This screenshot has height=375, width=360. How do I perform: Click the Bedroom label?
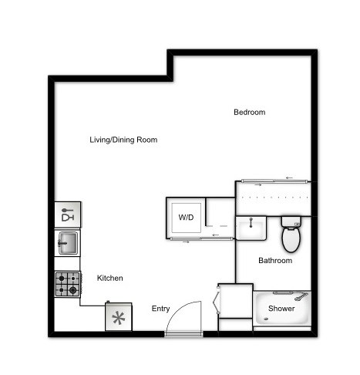[x=249, y=113]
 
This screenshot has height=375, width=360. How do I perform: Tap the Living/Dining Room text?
[x=123, y=140]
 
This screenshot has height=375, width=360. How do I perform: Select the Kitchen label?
[x=109, y=278]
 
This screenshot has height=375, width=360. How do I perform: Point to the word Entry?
[x=160, y=309]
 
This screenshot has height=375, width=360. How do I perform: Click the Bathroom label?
[x=275, y=261]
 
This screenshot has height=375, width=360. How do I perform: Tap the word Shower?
[x=281, y=309]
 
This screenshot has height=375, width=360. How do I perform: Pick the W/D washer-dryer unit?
[x=187, y=218]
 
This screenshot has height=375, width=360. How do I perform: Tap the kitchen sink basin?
[x=67, y=244]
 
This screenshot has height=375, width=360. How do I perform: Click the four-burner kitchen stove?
[x=67, y=284]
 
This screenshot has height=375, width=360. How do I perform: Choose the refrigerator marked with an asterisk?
[x=119, y=317]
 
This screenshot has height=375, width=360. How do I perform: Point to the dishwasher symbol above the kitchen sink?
[x=67, y=213]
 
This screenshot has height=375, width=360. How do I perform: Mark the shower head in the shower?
[x=301, y=296]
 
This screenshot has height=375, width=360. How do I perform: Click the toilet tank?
[x=291, y=221]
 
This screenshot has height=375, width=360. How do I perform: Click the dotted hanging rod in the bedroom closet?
[x=274, y=197]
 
